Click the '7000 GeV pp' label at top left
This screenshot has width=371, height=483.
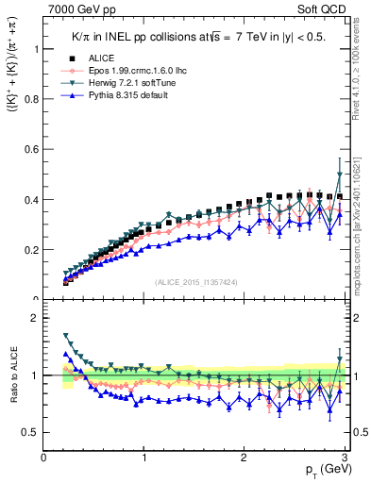[76, 9]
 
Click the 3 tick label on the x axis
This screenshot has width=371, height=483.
[345, 458]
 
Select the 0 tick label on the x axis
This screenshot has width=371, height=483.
[44, 458]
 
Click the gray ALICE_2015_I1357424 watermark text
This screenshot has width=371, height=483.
[195, 282]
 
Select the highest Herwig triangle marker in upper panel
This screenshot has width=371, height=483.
[340, 175]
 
